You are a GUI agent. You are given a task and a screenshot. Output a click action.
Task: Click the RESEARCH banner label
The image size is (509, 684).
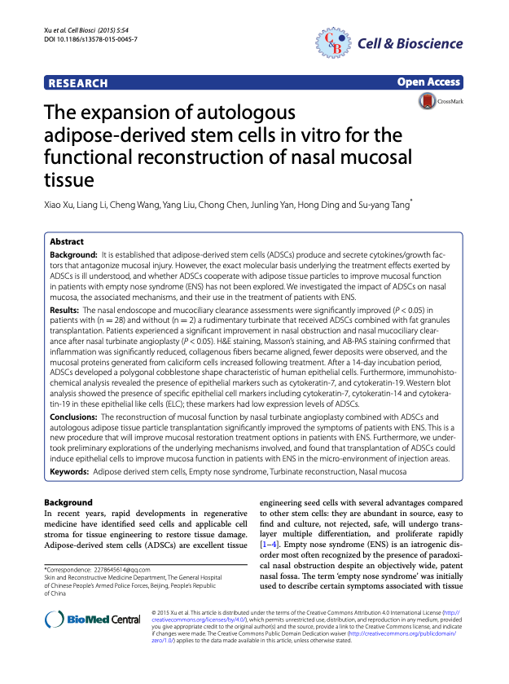(78, 83)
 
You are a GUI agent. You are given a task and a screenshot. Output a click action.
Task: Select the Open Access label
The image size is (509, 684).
(429, 82)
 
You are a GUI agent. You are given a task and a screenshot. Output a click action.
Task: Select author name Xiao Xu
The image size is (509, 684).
(61, 205)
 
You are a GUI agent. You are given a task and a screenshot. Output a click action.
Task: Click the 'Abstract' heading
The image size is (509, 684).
(67, 242)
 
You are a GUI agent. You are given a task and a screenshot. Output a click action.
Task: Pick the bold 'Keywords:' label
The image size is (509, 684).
(71, 471)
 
